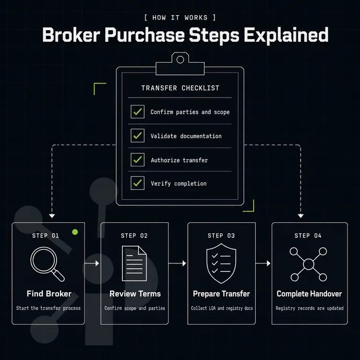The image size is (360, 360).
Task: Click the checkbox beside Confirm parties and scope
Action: (x=138, y=112)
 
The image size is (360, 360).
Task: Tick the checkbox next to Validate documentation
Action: (x=138, y=136)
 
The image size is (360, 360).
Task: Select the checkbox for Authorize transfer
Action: (x=138, y=160)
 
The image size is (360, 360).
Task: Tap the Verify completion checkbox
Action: (x=138, y=183)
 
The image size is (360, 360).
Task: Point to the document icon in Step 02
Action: (x=134, y=263)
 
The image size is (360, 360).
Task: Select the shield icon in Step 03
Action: (x=221, y=263)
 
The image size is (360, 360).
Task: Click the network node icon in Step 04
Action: (x=308, y=264)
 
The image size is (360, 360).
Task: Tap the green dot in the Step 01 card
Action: (x=75, y=232)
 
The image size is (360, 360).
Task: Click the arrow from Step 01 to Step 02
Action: (x=92, y=263)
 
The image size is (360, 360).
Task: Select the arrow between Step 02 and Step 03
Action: (x=177, y=263)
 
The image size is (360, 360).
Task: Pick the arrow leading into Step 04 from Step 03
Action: (x=263, y=263)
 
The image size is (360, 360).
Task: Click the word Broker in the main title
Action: (x=71, y=35)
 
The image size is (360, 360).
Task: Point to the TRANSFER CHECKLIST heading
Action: (x=180, y=88)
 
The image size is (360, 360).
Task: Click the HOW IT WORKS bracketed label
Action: (x=180, y=18)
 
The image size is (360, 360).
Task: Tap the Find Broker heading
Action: (x=49, y=294)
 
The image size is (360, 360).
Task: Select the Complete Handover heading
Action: (x=309, y=294)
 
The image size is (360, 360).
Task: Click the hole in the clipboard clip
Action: (x=180, y=59)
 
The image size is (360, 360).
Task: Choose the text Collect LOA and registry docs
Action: (x=222, y=308)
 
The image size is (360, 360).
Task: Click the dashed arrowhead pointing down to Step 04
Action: (x=301, y=216)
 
